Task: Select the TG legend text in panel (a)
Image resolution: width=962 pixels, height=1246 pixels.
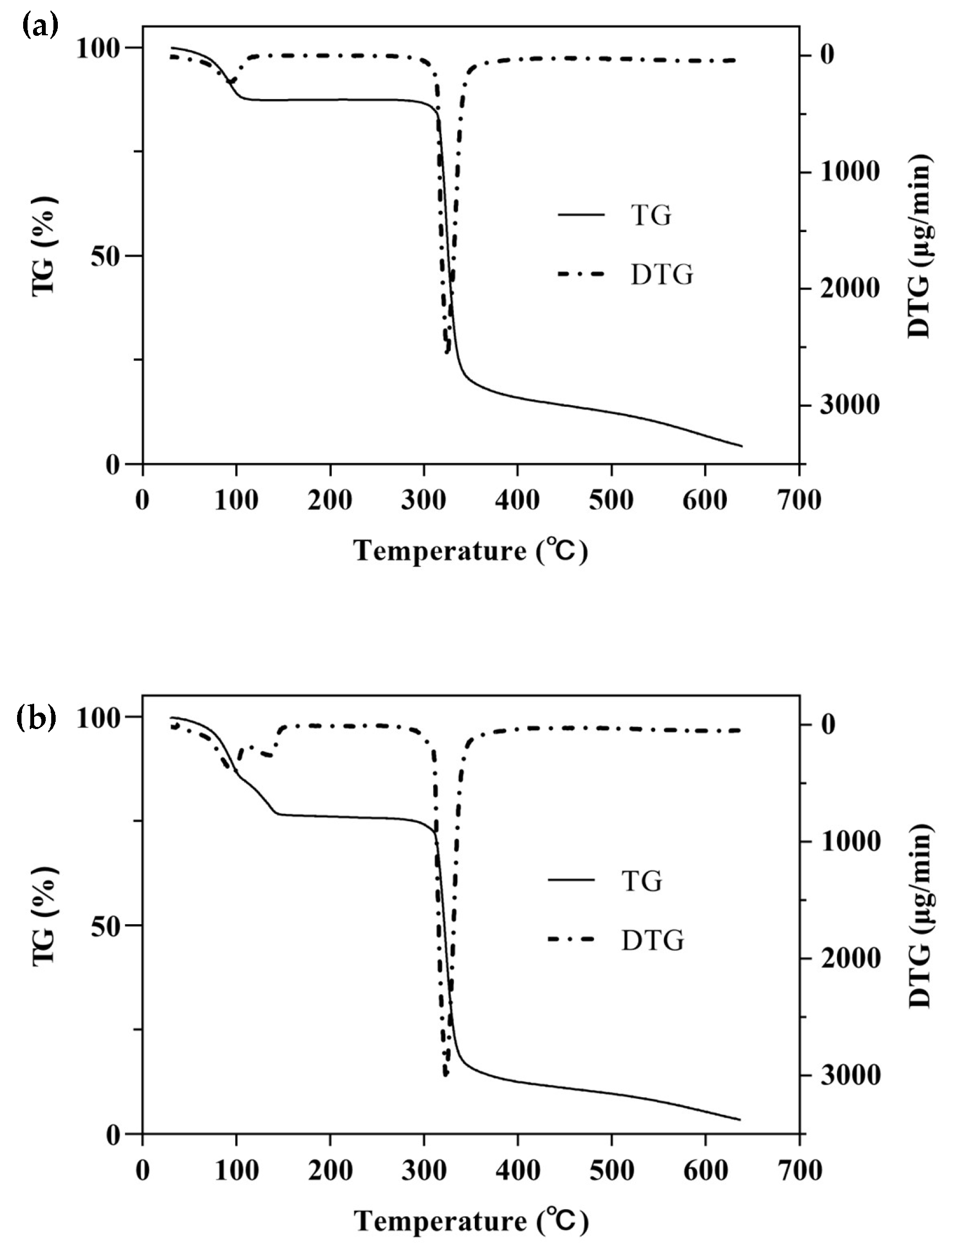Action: (x=651, y=215)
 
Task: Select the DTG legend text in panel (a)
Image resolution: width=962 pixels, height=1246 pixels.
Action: (x=662, y=275)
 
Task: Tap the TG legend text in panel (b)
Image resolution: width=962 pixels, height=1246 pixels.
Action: (x=641, y=881)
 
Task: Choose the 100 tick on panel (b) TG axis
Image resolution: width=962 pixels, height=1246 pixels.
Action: (x=101, y=718)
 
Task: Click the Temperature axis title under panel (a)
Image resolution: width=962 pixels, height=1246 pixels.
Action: (x=471, y=551)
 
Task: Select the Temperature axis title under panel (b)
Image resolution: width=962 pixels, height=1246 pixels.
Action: (x=471, y=1221)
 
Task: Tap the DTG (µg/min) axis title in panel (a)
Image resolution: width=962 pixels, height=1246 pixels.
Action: (x=919, y=245)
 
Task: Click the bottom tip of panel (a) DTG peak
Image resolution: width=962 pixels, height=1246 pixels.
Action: (x=447, y=353)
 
